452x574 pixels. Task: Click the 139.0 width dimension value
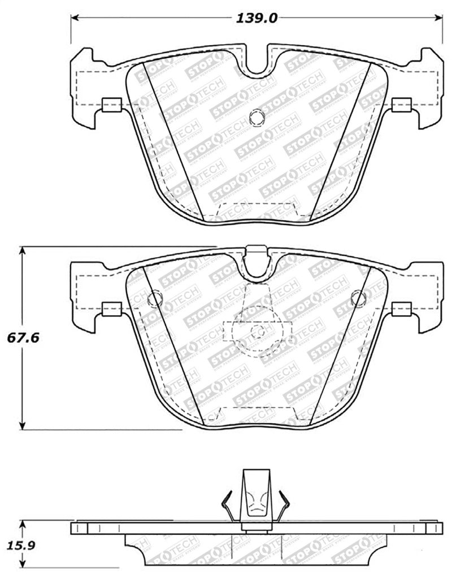click(257, 18)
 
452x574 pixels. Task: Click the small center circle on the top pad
click(255, 119)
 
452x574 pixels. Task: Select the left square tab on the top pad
click(111, 104)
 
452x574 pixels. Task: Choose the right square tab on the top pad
click(401, 104)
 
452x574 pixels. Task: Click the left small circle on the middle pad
click(153, 298)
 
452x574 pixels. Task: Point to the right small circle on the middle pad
click(358, 298)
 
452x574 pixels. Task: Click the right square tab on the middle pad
click(401, 308)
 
